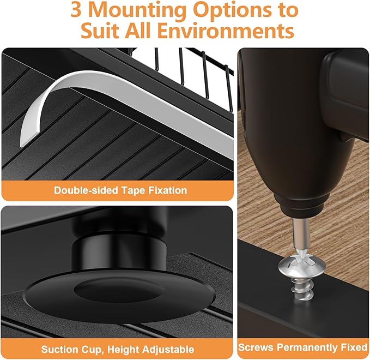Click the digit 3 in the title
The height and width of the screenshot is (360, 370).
(82, 10)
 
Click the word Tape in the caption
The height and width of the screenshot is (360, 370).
(135, 190)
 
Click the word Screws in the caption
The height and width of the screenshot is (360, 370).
(257, 347)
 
